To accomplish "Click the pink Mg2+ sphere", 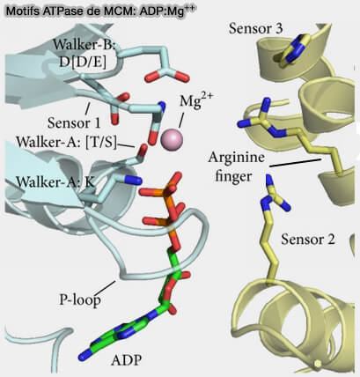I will [x=172, y=139].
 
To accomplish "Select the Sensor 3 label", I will [x=256, y=29].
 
